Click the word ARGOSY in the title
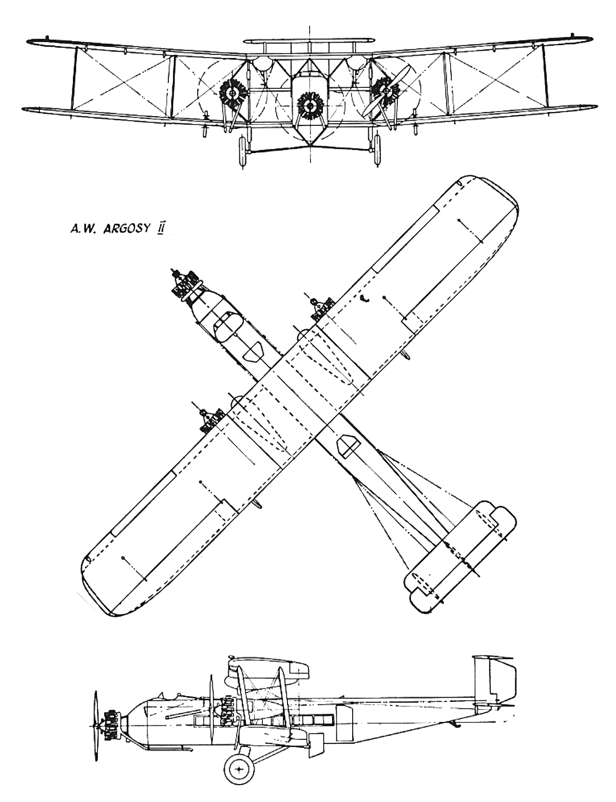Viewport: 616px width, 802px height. pyautogui.click(x=126, y=229)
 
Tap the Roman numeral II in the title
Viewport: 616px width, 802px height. pyautogui.click(x=160, y=229)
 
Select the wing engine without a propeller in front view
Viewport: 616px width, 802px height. pyautogui.click(x=233, y=94)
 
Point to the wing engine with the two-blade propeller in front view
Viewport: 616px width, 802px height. pyautogui.click(x=386, y=90)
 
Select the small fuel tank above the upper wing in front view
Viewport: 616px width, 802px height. pyautogui.click(x=310, y=40)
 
